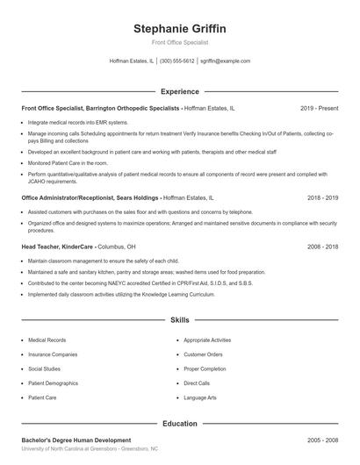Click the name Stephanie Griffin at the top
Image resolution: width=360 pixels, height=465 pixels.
coord(179,29)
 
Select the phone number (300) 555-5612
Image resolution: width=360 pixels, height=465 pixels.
coord(177,61)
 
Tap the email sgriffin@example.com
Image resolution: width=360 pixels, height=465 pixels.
coord(226,61)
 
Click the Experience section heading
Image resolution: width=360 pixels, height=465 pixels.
coord(180,91)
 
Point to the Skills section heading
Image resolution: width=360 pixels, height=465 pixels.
coord(180,321)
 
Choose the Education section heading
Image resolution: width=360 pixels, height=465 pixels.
coord(180,424)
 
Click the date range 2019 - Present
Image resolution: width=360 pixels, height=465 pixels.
coord(319,108)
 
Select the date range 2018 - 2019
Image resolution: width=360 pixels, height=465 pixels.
coord(323,198)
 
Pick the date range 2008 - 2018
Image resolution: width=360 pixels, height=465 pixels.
coord(323,247)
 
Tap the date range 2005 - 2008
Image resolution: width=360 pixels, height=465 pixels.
coord(323,440)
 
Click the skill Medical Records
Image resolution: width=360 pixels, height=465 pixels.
coord(47,340)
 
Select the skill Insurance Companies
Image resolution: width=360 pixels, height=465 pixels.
coord(53,354)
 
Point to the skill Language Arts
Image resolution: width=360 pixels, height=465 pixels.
coord(201,397)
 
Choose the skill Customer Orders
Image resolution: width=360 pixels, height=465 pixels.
coord(203,354)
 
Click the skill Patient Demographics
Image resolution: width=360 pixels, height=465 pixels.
coord(54,383)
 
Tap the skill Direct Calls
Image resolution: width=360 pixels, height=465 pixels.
coord(197,383)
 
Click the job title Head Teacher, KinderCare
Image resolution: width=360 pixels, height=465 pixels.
coord(58,247)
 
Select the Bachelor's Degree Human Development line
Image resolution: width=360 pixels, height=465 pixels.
coord(76,440)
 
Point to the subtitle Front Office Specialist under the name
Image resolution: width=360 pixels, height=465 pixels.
coord(179,43)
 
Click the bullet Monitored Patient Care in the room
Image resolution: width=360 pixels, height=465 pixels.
coord(68,162)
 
